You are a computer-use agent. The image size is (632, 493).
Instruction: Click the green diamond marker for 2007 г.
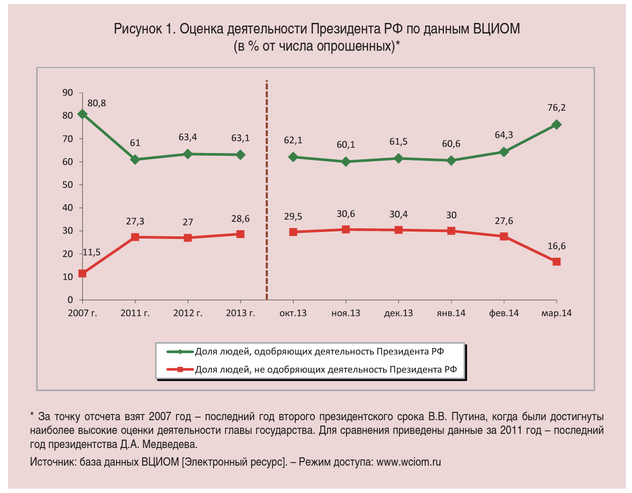point(82,114)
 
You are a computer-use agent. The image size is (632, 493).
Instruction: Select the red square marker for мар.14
point(557,262)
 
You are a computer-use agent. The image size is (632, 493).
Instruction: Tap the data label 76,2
point(557,108)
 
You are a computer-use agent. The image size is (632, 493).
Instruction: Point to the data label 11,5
point(92,252)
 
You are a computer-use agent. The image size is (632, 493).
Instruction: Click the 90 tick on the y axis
point(68,93)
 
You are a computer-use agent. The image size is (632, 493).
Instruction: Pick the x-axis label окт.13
point(293,313)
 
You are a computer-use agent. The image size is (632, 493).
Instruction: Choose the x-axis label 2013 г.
point(241,313)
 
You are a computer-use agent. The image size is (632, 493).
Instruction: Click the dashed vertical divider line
point(267,190)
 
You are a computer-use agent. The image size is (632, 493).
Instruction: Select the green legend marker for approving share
point(180,352)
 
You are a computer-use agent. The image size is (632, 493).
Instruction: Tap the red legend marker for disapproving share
point(180,370)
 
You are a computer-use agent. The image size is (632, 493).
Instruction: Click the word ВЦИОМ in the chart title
point(497,29)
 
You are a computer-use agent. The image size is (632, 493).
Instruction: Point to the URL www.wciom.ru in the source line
point(409,462)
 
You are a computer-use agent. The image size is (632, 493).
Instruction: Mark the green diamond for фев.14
point(504,152)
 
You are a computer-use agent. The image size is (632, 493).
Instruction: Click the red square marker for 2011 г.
point(135,237)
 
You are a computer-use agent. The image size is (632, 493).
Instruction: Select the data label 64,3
point(504,135)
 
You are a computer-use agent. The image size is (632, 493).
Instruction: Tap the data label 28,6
point(241,219)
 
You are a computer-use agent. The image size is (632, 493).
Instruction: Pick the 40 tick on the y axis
point(68,208)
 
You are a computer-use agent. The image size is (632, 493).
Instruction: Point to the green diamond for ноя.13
point(346,162)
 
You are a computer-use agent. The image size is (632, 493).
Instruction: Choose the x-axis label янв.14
point(451,313)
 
